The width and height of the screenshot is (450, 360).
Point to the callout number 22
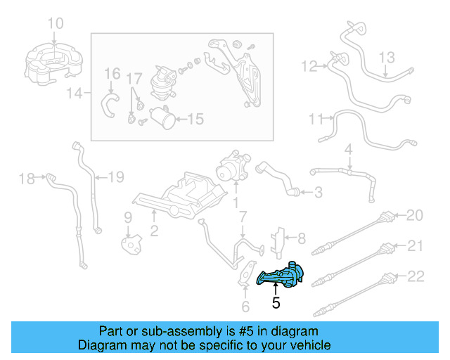click(x=416, y=276)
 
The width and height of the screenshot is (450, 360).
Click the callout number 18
click(x=26, y=179)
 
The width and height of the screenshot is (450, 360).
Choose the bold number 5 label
click(x=276, y=303)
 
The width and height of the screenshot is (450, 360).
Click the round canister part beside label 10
click(x=54, y=60)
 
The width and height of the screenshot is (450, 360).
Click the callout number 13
click(x=388, y=57)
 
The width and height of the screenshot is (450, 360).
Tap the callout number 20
click(x=416, y=214)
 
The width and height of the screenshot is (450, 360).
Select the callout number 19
click(x=115, y=176)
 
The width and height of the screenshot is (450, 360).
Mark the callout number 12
click(x=309, y=67)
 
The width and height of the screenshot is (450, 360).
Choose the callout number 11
click(x=316, y=118)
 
